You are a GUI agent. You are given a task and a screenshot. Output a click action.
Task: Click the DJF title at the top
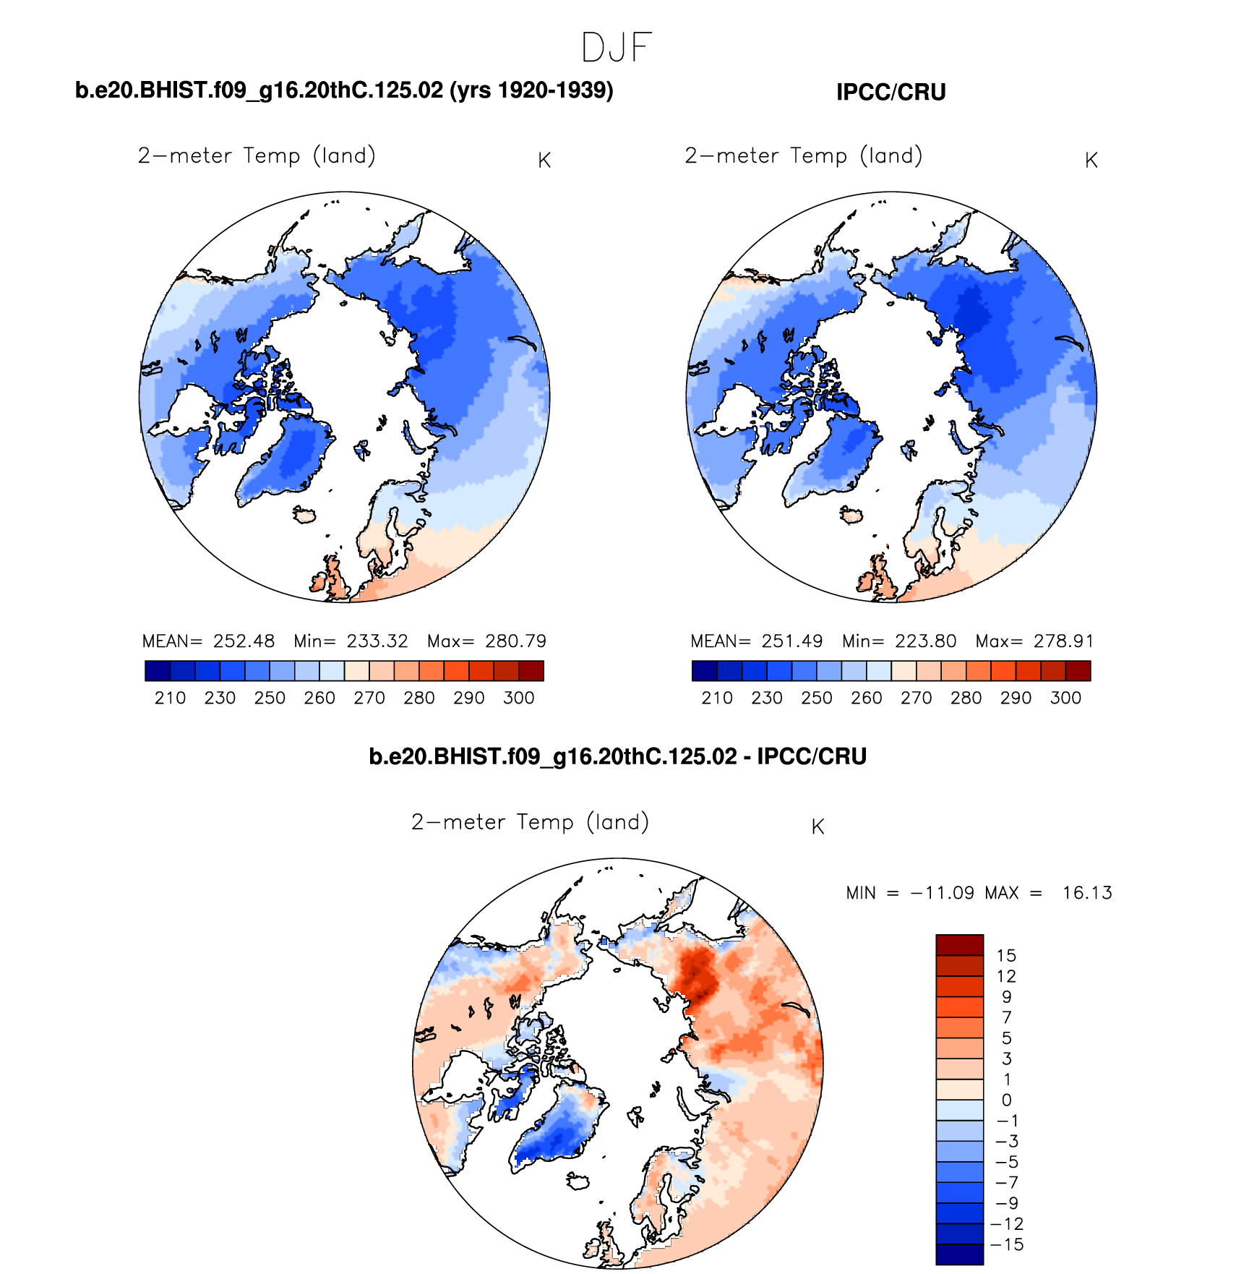(617, 48)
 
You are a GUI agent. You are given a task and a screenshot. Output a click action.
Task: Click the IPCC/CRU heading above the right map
(890, 93)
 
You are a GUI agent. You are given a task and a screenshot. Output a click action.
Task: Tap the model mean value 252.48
(244, 641)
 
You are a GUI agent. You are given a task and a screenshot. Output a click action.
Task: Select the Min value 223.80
(925, 641)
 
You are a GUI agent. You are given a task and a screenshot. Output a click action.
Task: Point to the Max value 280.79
(515, 641)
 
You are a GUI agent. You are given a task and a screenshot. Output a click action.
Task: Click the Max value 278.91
(1063, 641)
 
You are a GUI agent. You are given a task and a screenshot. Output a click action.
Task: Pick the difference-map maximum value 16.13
(1086, 893)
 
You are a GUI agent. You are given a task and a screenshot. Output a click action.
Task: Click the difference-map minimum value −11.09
(942, 893)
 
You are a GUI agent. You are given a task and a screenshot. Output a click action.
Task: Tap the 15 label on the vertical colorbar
(1006, 956)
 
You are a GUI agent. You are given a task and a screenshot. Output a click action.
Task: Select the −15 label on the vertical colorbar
(1007, 1244)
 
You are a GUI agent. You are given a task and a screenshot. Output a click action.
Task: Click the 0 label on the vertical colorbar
(1006, 1100)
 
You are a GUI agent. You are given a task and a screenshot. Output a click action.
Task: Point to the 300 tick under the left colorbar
(518, 698)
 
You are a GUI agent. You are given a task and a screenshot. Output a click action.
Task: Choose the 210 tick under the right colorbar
(717, 698)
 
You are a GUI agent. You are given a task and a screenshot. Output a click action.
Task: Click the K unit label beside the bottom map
(817, 827)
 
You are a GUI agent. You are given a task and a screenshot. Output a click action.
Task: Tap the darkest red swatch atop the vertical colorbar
(959, 945)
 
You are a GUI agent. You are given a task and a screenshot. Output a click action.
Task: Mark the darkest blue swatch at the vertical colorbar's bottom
(959, 1254)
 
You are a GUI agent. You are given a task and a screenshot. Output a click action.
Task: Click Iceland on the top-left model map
(305, 515)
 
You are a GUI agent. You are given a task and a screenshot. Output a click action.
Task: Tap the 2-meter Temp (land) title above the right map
(803, 156)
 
